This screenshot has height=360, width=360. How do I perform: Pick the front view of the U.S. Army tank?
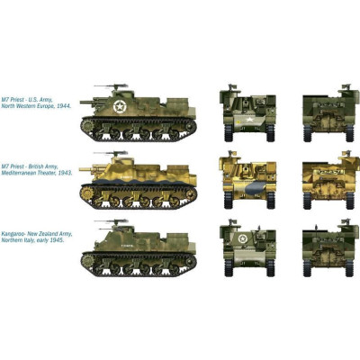click(x=239, y=112)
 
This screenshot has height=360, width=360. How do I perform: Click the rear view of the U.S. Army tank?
click(x=325, y=112)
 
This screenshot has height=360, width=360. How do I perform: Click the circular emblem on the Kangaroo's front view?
click(x=240, y=238)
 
